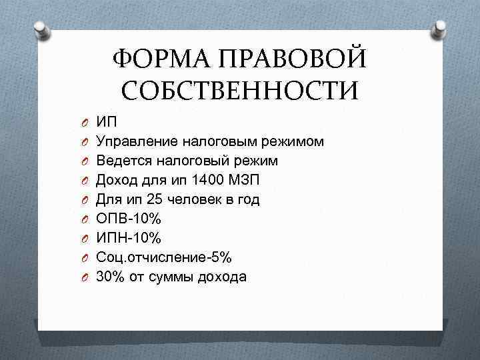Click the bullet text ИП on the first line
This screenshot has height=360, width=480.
tap(107, 122)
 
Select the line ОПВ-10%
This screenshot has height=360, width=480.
tap(131, 218)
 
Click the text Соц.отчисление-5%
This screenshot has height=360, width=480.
tap(164, 257)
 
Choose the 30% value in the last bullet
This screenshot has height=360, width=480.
tap(111, 276)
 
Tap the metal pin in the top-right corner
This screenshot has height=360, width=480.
tap(440, 28)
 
